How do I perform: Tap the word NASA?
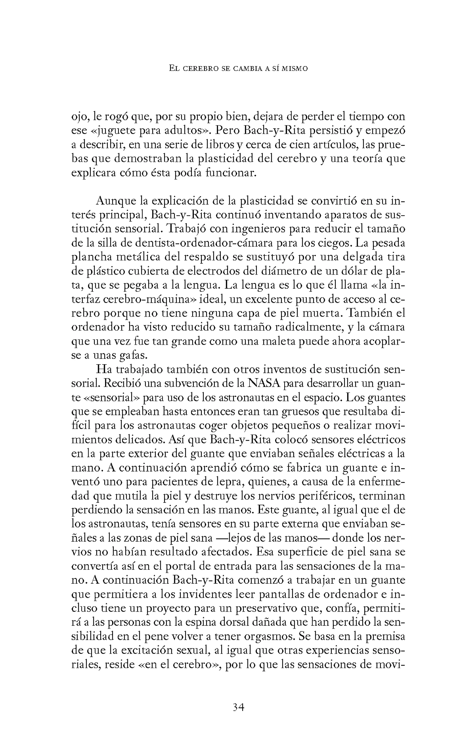(x=264, y=383)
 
